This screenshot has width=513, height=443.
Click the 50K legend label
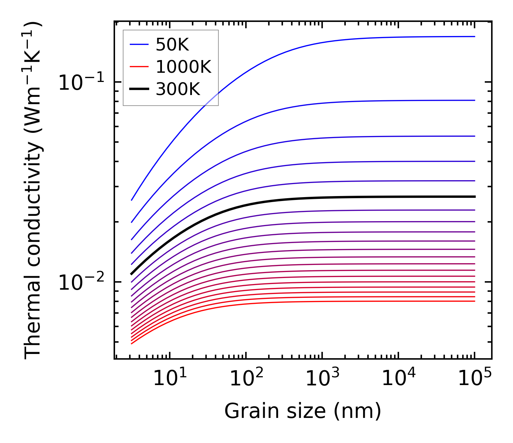(x=172, y=45)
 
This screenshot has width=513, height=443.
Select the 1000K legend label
(x=183, y=67)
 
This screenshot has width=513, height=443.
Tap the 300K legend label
(x=178, y=90)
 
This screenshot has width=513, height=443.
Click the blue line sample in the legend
(x=139, y=45)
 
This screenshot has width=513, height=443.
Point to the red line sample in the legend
(x=139, y=67)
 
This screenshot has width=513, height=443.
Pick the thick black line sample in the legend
(x=139, y=90)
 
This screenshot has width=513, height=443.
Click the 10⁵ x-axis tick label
(x=475, y=379)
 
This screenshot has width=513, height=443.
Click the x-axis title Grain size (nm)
(x=303, y=411)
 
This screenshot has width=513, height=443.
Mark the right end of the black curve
(x=475, y=196)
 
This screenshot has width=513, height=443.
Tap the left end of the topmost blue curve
(x=132, y=200)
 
